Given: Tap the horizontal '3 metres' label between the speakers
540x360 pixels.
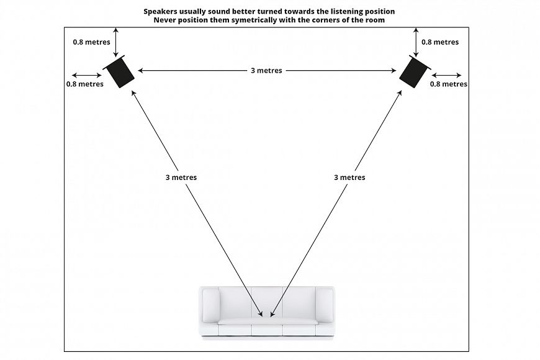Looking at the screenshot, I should [x=266, y=71].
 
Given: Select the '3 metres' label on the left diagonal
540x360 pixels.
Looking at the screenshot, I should [x=181, y=178].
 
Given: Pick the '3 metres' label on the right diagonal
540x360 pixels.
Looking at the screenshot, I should [x=349, y=178].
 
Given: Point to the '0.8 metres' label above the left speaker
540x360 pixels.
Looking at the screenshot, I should [x=91, y=42].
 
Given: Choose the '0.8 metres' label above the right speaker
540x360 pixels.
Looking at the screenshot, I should [x=440, y=42].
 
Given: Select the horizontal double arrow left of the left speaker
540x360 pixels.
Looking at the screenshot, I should [x=87, y=76].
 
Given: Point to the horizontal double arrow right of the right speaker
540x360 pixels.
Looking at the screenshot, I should [x=446, y=75].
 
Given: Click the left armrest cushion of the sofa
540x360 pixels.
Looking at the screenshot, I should [x=211, y=304].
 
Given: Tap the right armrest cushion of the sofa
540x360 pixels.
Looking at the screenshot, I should [x=324, y=304].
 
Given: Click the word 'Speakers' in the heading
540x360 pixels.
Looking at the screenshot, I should [x=162, y=11].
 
